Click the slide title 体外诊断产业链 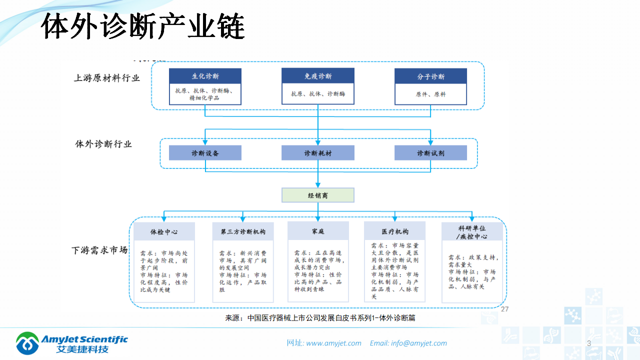tap(142, 27)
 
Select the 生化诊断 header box tap(205, 76)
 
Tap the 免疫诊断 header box tap(318, 76)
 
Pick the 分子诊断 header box tap(430, 76)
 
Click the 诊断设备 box tap(205, 153)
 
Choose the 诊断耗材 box tap(318, 153)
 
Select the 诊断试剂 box tap(430, 153)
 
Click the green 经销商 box tap(318, 195)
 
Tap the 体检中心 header tap(164, 232)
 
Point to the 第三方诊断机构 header tap(243, 232)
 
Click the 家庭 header tap(318, 231)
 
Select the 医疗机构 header tap(395, 231)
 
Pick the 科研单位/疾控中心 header tap(472, 231)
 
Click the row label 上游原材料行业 tap(107, 78)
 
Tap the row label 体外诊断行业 tap(103, 144)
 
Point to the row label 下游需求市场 tap(99, 250)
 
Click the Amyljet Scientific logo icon tap(27, 343)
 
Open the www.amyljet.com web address tap(333, 343)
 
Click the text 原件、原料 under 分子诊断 tap(430, 94)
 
